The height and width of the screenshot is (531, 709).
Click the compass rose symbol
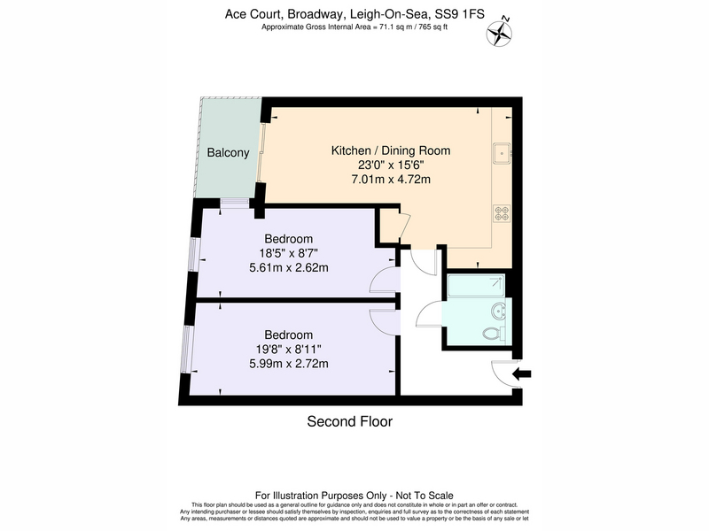coord(499,32)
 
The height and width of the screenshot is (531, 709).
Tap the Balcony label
coord(228,152)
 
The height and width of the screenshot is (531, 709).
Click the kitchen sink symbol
coord(503,153)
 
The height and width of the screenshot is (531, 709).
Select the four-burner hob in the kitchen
coord(502,212)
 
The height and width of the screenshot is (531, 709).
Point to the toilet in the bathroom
coord(495,334)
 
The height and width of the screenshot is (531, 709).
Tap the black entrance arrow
coord(522,373)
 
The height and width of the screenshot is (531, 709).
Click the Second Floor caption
coord(349,421)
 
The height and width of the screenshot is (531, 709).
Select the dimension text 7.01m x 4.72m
coord(391,180)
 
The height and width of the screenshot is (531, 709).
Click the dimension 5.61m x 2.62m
coord(289,268)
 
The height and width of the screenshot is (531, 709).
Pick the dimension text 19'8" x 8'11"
coord(289,349)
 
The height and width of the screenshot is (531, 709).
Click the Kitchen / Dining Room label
coord(391,150)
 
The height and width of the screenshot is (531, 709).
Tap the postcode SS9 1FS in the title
coord(459,14)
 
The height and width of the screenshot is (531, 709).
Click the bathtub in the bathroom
coord(476,285)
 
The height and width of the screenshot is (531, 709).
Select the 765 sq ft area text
coord(433,27)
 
